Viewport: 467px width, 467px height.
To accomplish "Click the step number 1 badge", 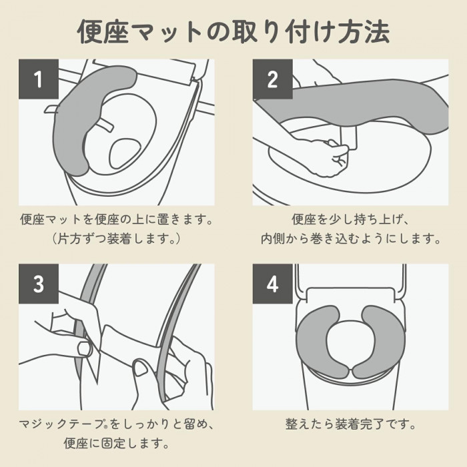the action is click(x=39, y=79).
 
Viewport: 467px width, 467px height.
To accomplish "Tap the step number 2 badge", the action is click(x=272, y=79).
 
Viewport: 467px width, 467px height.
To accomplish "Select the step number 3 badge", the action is click(x=39, y=284).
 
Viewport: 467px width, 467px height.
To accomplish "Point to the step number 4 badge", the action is click(x=272, y=284).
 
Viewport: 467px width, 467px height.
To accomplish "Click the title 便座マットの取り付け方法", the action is click(x=233, y=32).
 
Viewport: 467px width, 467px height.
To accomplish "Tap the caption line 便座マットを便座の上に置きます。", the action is click(x=117, y=219).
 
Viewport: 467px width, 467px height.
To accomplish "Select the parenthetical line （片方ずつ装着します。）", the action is click(x=117, y=239).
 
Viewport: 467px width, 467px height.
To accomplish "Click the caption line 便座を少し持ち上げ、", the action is click(x=350, y=219).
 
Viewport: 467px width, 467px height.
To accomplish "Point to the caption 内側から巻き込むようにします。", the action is click(x=350, y=239).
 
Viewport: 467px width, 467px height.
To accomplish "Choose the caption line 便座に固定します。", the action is click(x=117, y=443).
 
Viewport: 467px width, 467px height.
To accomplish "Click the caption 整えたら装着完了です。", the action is click(x=350, y=424).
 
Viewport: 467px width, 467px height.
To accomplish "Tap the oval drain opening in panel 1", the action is click(x=125, y=153).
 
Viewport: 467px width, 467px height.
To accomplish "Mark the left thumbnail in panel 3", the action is click(x=85, y=349).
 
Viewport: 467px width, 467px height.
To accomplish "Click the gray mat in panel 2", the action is click(x=352, y=103).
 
